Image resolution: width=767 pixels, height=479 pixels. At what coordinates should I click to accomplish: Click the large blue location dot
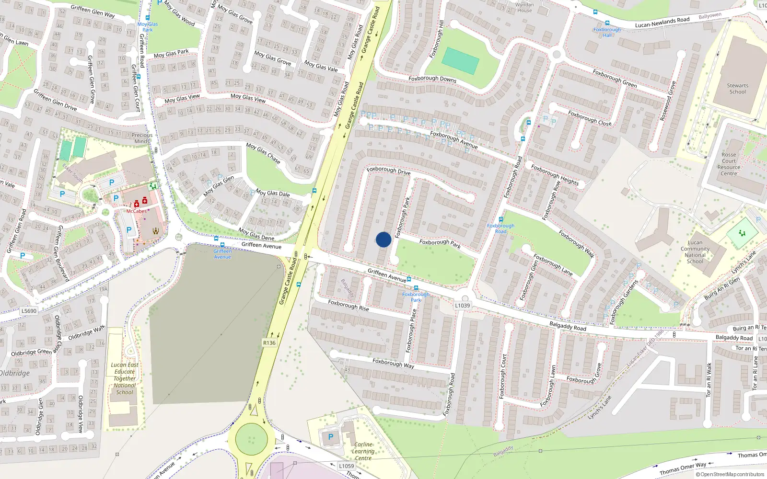tap(383, 239)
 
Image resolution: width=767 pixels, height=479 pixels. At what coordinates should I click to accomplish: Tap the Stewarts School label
tap(737, 89)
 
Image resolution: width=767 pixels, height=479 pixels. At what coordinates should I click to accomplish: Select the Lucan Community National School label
tap(695, 252)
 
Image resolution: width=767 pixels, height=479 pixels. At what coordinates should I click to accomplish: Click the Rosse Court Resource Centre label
tap(729, 164)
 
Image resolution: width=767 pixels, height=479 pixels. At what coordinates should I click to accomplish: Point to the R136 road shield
tap(269, 343)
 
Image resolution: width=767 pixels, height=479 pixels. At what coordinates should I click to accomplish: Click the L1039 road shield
tap(463, 306)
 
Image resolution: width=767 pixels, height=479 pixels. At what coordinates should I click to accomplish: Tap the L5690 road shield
tap(29, 311)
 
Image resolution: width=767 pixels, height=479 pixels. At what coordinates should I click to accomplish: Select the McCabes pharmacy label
tap(137, 211)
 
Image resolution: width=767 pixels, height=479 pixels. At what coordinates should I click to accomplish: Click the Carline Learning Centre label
tap(363, 451)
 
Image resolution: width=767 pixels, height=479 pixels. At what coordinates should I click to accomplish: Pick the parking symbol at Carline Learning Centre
tap(330, 437)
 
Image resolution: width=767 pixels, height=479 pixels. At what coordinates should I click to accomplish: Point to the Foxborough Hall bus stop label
tap(607, 32)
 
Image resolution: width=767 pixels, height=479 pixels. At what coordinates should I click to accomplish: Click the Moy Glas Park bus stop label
tap(148, 27)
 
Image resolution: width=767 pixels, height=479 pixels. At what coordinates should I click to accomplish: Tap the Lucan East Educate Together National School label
tap(125, 378)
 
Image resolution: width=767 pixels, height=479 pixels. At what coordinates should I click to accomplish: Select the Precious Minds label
tap(142, 138)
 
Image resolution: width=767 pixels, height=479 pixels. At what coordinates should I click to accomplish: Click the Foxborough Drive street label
tap(388, 171)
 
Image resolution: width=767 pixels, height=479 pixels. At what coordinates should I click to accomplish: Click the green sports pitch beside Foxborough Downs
tap(460, 61)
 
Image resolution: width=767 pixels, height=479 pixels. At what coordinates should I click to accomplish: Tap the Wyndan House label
tap(524, 8)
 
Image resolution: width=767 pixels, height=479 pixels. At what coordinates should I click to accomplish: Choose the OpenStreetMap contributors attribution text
tap(730, 474)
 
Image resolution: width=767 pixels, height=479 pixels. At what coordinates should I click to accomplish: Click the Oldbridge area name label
tap(14, 373)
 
